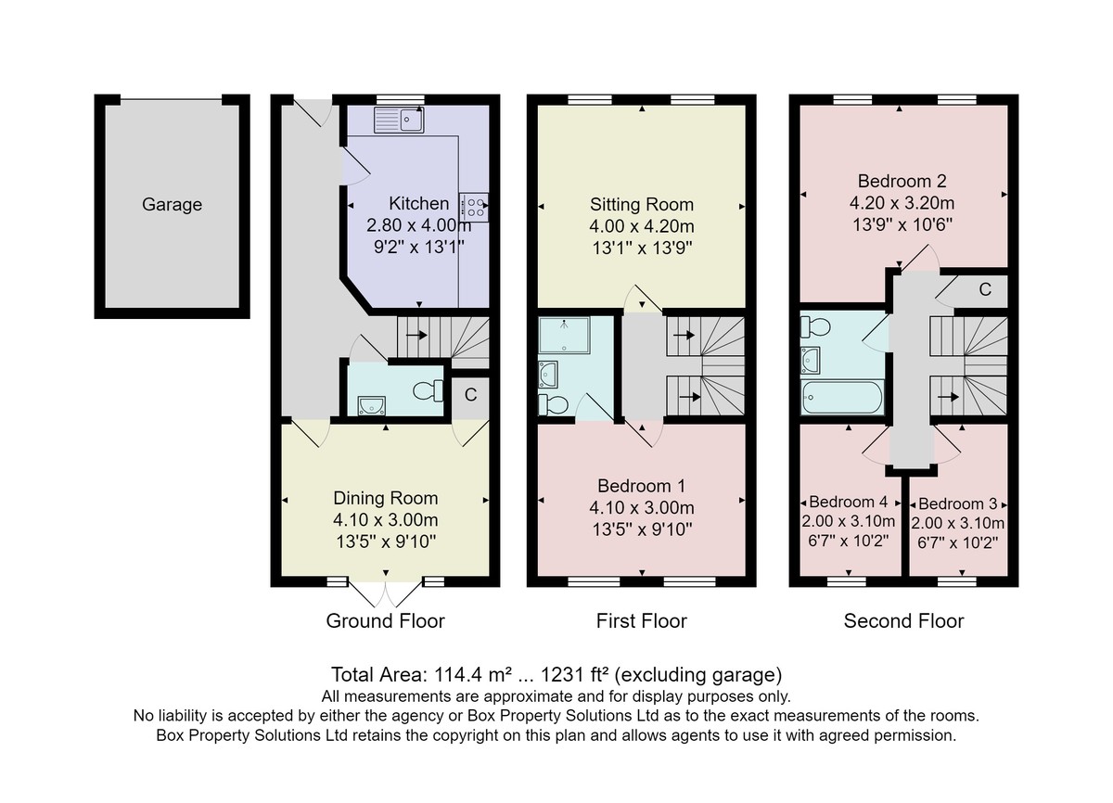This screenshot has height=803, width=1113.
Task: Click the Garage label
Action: (172, 205)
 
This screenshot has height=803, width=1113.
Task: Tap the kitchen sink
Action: (399, 121)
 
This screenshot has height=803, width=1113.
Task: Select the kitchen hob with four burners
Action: (474, 207)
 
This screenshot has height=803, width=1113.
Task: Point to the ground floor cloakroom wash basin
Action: (371, 405)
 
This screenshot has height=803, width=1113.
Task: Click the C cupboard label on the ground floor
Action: (470, 395)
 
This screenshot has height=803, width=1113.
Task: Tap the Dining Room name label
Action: (386, 498)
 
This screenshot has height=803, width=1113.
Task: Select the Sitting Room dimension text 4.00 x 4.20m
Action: (642, 226)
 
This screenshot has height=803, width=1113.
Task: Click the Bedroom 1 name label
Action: (642, 486)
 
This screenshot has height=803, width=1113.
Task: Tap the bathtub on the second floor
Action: (842, 397)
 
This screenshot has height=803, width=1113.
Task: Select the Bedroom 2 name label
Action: (902, 181)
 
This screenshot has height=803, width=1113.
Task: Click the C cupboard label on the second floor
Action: (985, 289)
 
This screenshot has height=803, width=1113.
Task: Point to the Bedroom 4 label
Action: (848, 502)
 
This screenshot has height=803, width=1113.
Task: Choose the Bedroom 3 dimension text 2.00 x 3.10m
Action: (958, 523)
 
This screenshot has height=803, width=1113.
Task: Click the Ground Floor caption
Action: (385, 621)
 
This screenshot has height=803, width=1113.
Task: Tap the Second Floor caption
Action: (903, 621)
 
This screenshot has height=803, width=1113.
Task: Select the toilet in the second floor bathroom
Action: (815, 326)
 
